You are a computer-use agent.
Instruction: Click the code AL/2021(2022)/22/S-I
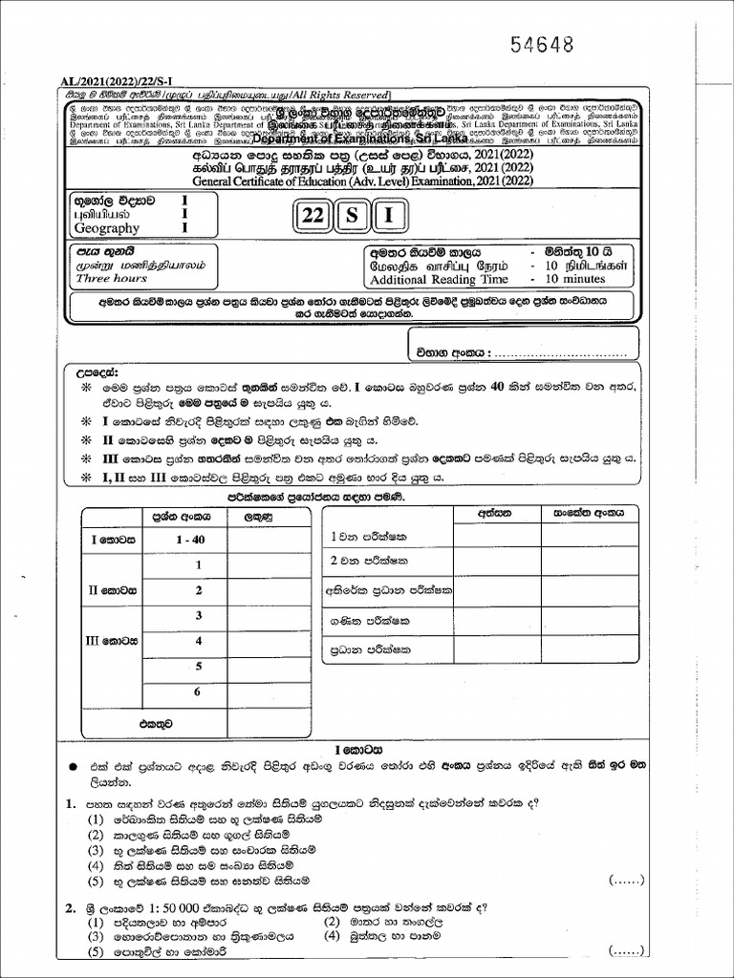[120, 83]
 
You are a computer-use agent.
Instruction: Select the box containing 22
[312, 216]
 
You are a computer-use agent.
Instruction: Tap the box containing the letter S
[351, 216]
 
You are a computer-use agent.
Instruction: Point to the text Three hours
[112, 279]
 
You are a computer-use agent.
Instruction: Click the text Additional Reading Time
[439, 279]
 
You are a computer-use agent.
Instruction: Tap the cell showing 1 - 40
[191, 540]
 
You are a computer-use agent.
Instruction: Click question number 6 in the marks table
[199, 691]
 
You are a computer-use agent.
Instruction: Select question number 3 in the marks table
[199, 615]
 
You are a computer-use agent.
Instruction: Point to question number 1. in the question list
[71, 804]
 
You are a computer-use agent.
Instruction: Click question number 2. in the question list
[71, 907]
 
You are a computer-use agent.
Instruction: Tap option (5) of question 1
[96, 880]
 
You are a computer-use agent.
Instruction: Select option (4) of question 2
[332, 937]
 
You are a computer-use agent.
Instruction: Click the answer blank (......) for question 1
[626, 880]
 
